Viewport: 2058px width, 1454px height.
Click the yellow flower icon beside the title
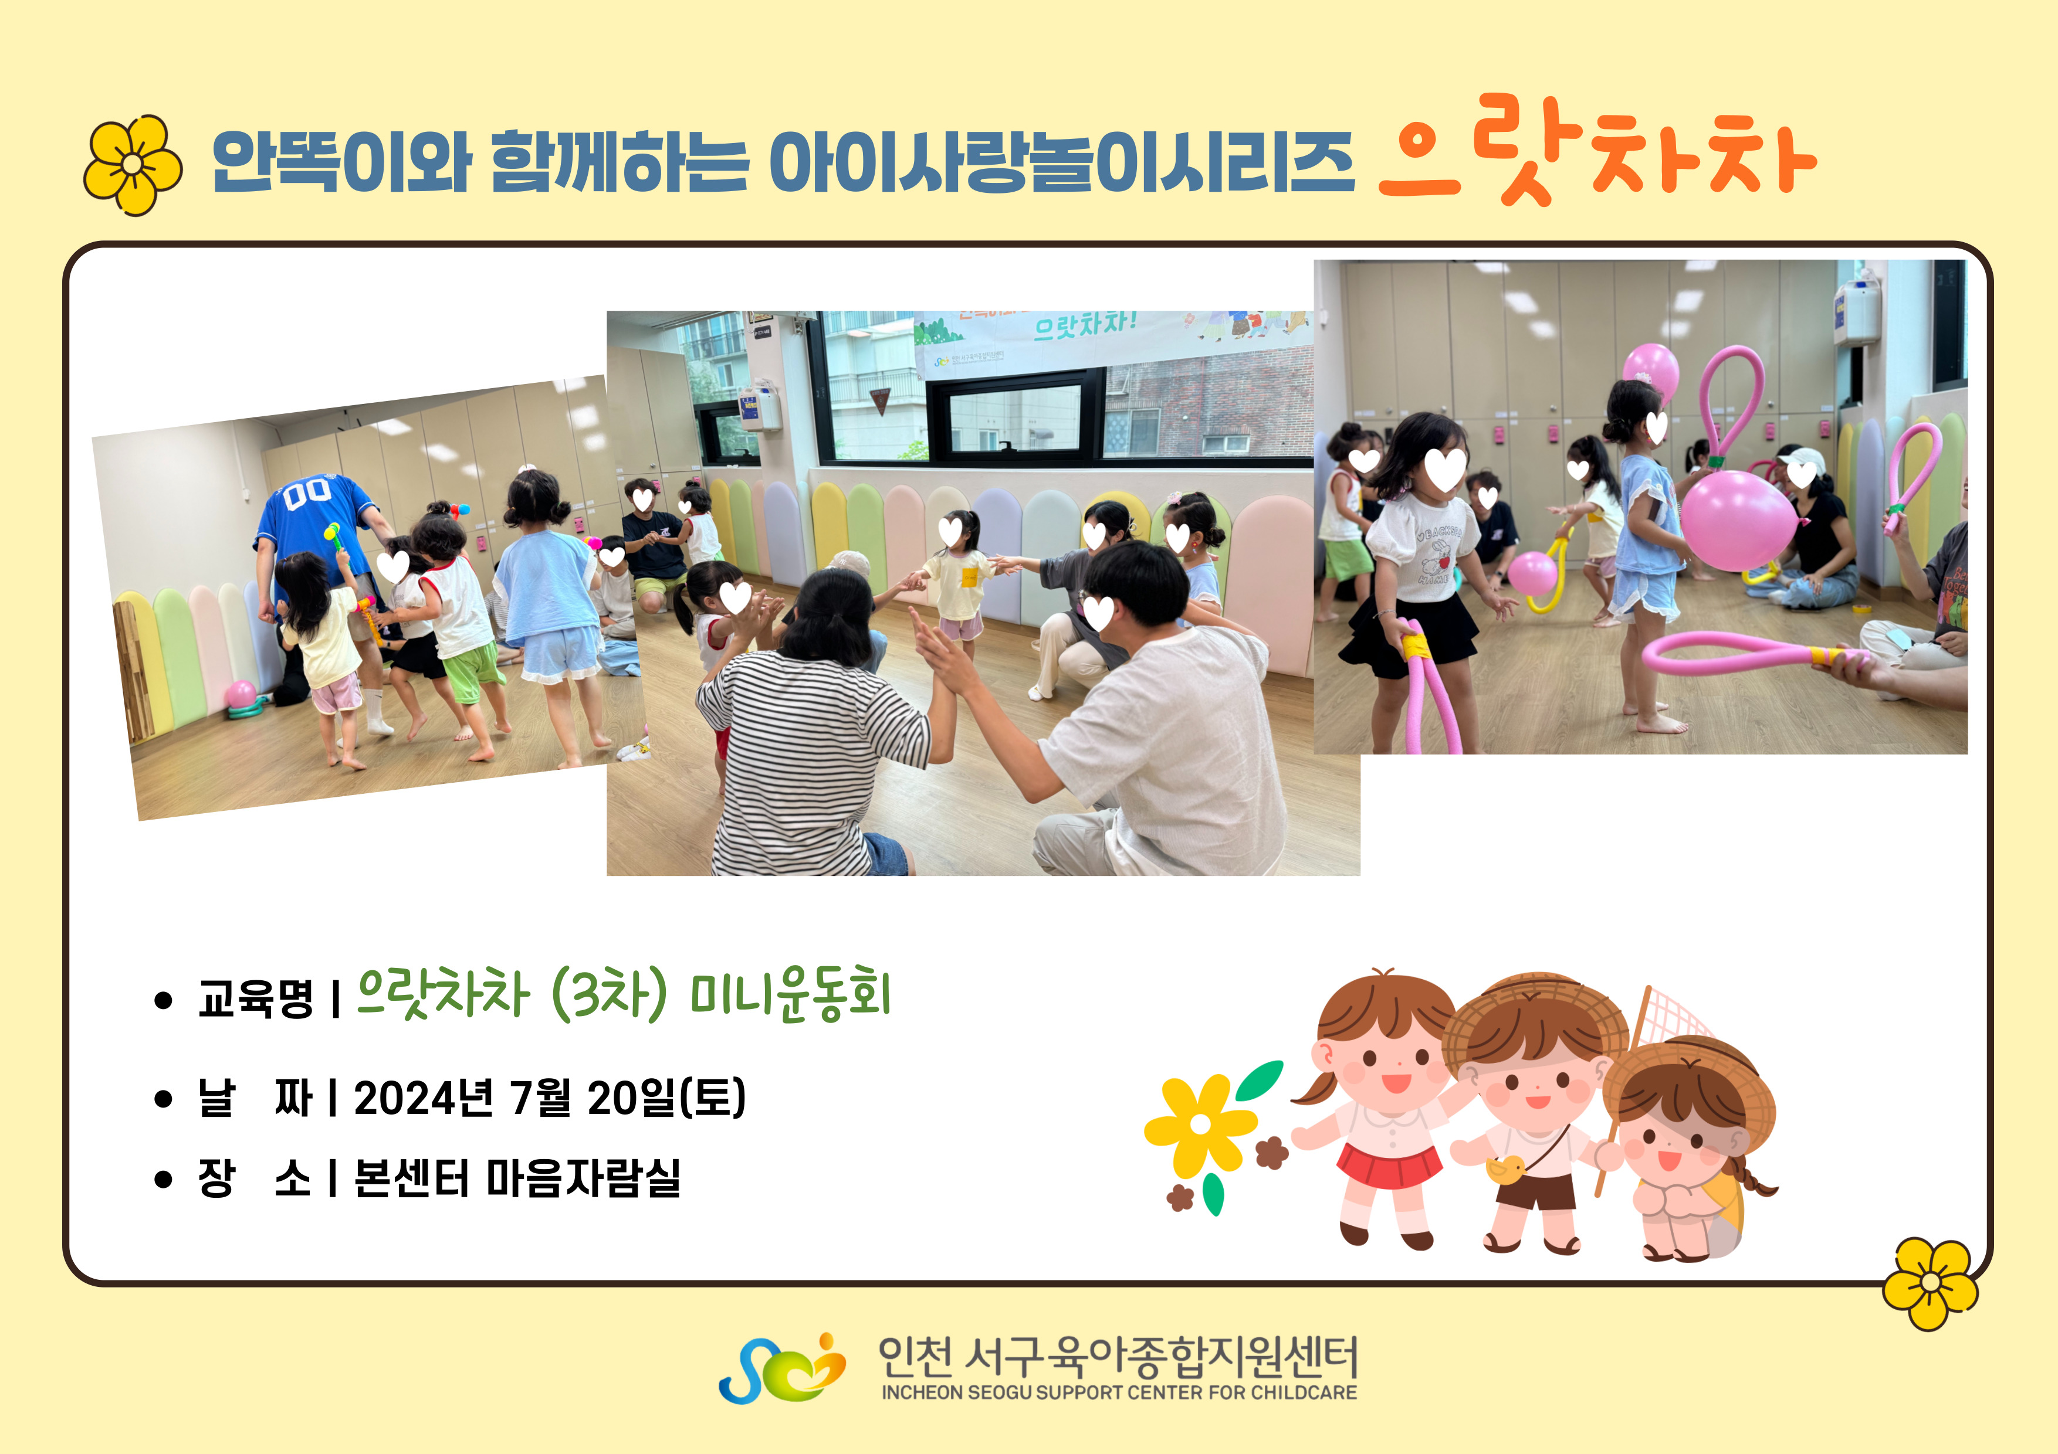[x=133, y=165]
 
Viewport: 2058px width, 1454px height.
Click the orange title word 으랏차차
[x=1597, y=152]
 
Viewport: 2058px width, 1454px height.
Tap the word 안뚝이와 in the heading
[x=341, y=162]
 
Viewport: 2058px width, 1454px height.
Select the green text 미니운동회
[x=791, y=994]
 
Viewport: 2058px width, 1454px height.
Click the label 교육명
[x=255, y=998]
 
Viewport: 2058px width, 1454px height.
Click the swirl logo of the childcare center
[x=781, y=1368]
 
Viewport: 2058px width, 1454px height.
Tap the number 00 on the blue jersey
[x=307, y=492]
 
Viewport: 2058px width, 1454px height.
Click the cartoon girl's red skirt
[x=1389, y=1162]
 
